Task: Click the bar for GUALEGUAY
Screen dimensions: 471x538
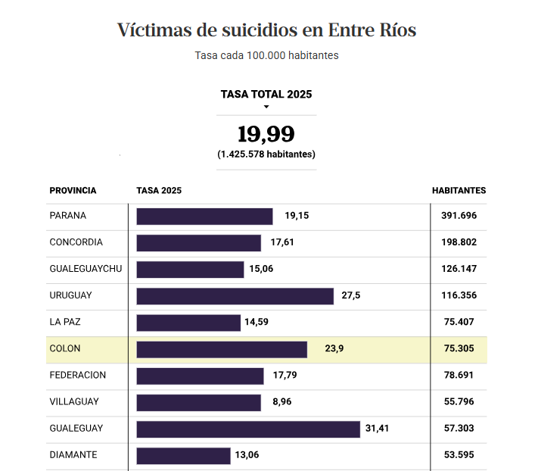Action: (x=247, y=429)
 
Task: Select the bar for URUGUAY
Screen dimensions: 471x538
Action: (x=235, y=296)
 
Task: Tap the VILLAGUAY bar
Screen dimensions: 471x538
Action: (x=198, y=402)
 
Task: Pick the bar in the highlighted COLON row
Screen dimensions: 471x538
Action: (x=222, y=349)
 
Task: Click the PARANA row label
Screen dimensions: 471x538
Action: (x=68, y=216)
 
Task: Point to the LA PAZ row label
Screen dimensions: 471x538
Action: (x=65, y=322)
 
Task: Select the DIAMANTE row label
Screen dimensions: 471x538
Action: (x=73, y=455)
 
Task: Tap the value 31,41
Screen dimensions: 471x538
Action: (x=377, y=429)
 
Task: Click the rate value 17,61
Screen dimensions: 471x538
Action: (x=282, y=242)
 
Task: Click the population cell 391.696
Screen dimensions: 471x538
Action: (x=459, y=216)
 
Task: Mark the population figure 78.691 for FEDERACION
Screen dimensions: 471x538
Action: (x=459, y=376)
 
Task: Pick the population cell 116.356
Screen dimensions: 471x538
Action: (x=459, y=295)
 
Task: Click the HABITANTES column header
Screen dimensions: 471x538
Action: (x=459, y=191)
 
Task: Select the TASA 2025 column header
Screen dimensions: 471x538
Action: (x=159, y=191)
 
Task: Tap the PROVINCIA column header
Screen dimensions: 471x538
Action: (x=73, y=191)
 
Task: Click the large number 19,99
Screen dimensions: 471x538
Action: (x=266, y=135)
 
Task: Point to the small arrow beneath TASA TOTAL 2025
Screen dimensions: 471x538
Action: (x=266, y=107)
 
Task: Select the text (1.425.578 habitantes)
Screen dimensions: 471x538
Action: (x=266, y=154)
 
